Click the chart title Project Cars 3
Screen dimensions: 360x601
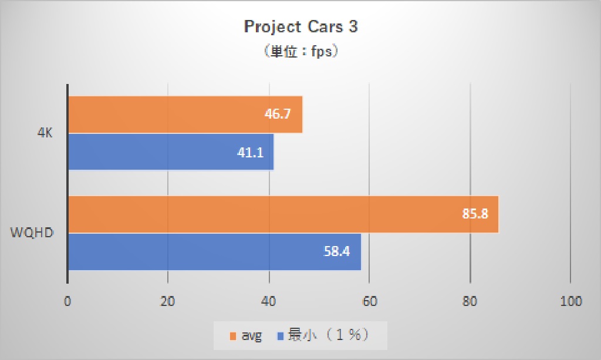click(300, 27)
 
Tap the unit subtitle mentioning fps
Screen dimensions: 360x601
click(300, 52)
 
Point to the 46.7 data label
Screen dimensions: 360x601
click(278, 115)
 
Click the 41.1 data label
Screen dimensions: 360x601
click(250, 153)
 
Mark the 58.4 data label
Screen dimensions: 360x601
click(337, 252)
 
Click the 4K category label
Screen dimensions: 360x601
click(45, 133)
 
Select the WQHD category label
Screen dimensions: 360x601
click(33, 233)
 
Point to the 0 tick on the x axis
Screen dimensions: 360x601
click(68, 302)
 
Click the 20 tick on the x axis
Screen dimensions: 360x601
click(168, 302)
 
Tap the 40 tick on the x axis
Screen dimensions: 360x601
click(269, 302)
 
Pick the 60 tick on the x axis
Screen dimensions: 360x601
click(369, 302)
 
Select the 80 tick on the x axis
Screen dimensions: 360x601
click(470, 302)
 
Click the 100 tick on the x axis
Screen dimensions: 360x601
click(570, 302)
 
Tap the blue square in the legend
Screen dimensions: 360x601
click(280, 336)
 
